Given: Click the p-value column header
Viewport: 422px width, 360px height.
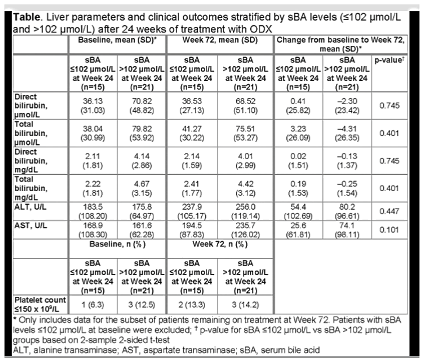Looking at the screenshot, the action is (389, 60).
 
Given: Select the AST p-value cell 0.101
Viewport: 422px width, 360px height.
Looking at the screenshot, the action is (389, 230).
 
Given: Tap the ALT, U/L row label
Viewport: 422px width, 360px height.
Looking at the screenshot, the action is (31, 207).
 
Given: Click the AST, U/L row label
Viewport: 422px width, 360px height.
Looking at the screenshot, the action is (31, 225).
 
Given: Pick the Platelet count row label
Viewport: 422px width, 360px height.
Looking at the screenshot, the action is (40, 304).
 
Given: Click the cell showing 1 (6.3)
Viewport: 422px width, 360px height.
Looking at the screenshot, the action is (93, 304).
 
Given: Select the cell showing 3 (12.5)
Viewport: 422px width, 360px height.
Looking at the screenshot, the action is (142, 304).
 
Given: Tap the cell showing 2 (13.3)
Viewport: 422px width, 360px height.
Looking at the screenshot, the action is (192, 304).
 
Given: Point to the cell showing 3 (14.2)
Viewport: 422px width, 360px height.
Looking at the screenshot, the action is (245, 304).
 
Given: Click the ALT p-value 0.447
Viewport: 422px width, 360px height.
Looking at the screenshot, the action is (389, 211).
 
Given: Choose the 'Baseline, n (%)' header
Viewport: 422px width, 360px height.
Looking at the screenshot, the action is (117, 244).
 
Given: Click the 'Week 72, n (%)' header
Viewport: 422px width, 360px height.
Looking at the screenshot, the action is (220, 244).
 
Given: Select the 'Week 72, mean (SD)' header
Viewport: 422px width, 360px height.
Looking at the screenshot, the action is (220, 40).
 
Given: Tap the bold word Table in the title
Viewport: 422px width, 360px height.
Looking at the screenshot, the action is (27, 17).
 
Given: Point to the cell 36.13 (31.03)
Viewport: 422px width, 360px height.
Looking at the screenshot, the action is (93, 105).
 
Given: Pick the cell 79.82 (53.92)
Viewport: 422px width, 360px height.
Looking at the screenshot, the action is (142, 133).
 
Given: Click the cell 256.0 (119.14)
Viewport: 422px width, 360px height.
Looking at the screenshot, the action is (245, 211).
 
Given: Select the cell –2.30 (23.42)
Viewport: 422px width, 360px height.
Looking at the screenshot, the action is (347, 105).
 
